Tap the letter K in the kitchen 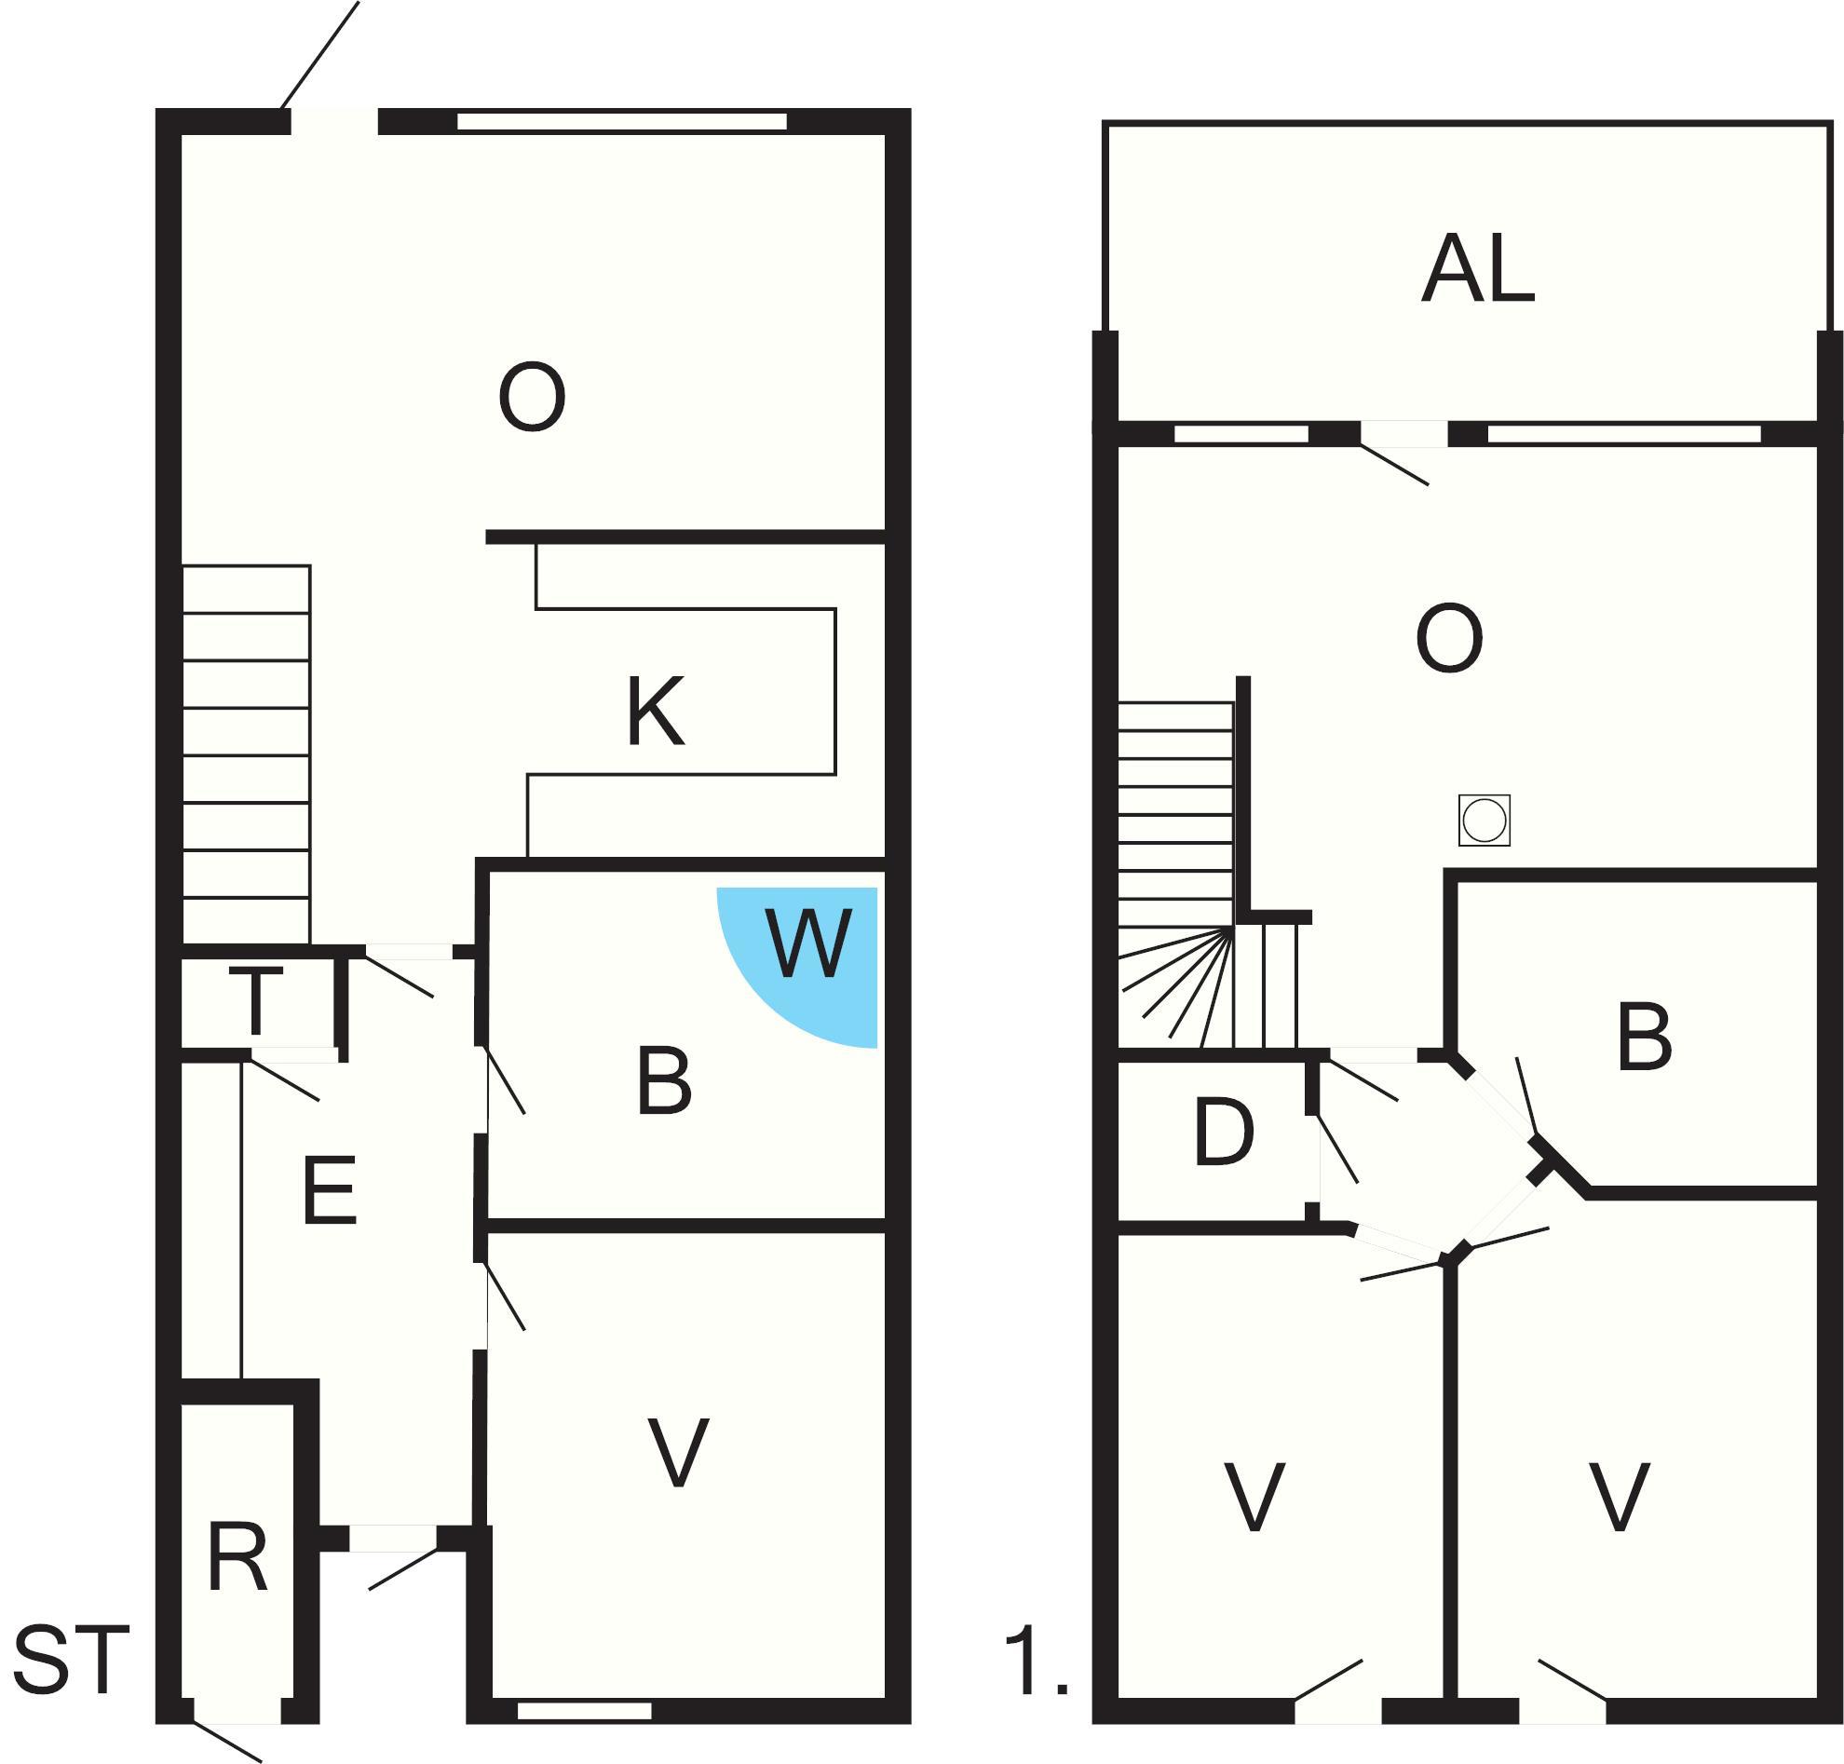coord(656,712)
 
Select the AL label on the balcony coord(1477,270)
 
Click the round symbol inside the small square coord(1484,820)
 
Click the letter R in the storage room coord(237,1558)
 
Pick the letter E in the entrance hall coord(330,1189)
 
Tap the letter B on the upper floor coord(1644,1038)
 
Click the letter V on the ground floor coord(679,1453)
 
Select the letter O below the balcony coord(1449,639)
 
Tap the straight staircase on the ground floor coord(247,754)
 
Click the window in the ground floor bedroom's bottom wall coord(584,1711)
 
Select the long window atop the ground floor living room coord(621,121)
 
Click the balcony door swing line coord(1394,466)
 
